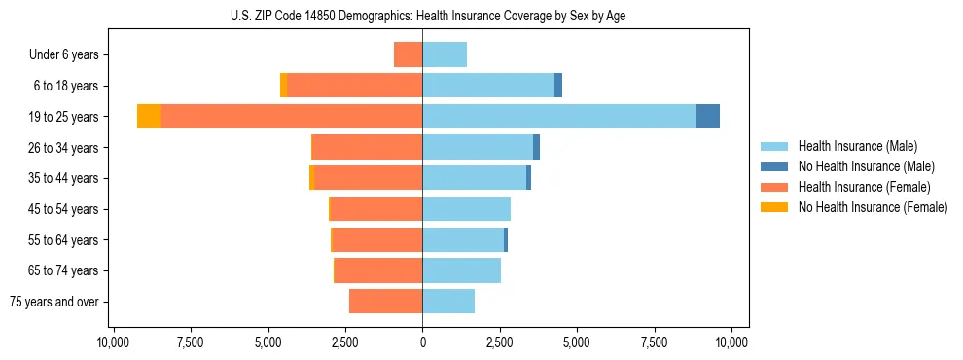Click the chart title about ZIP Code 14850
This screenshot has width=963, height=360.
pyautogui.click(x=422, y=16)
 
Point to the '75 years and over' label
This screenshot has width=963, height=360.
pyautogui.click(x=54, y=302)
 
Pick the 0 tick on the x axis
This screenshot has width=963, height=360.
pyautogui.click(x=422, y=342)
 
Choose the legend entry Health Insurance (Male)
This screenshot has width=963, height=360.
pyautogui.click(x=857, y=146)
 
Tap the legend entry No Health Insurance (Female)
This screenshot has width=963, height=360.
pyautogui.click(x=872, y=207)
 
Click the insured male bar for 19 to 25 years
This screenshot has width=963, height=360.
pyautogui.click(x=559, y=117)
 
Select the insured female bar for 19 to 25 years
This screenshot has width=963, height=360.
pyautogui.click(x=292, y=117)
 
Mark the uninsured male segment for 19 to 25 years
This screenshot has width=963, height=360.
pyautogui.click(x=708, y=117)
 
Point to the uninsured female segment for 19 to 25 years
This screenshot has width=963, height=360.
pyautogui.click(x=149, y=117)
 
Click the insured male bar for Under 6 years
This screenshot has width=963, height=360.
pyautogui.click(x=445, y=55)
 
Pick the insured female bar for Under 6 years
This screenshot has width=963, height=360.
pyautogui.click(x=409, y=55)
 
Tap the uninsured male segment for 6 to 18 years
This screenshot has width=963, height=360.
pyautogui.click(x=558, y=86)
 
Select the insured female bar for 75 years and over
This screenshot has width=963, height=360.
pyautogui.click(x=386, y=302)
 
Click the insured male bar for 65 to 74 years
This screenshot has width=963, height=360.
pyautogui.click(x=461, y=270)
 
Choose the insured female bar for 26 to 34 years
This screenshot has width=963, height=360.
pyautogui.click(x=368, y=147)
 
